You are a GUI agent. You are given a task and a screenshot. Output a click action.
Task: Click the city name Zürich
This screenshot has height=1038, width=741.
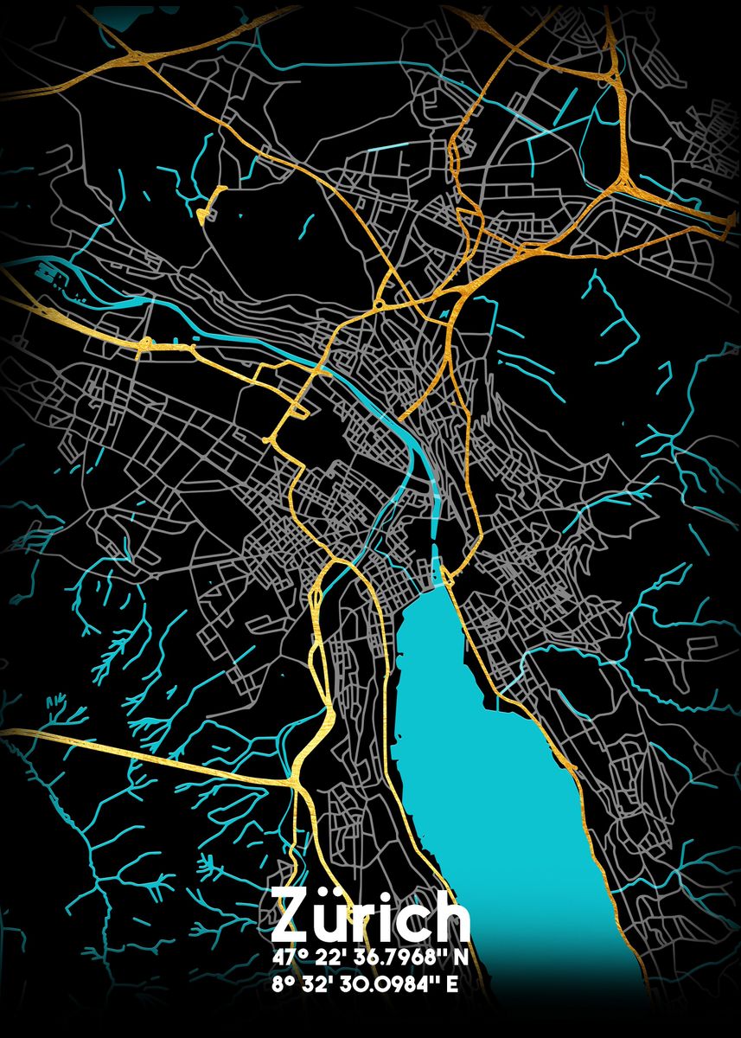[370, 918]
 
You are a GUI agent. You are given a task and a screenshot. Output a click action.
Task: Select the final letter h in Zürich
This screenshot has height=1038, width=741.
[450, 918]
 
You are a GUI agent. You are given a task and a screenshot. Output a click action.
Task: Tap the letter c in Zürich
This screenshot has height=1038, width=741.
[412, 922]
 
